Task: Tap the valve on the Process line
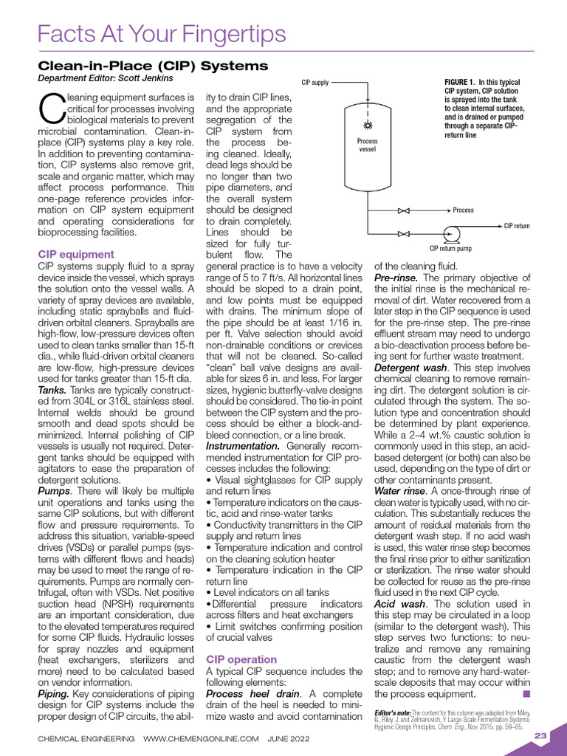(403, 210)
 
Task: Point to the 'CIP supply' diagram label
(315, 82)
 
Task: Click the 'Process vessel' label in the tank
(367, 145)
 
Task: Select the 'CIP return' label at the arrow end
(518, 226)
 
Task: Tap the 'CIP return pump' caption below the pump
(450, 249)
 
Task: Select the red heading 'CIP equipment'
(75, 255)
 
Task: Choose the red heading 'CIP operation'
(241, 659)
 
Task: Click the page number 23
(540, 735)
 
